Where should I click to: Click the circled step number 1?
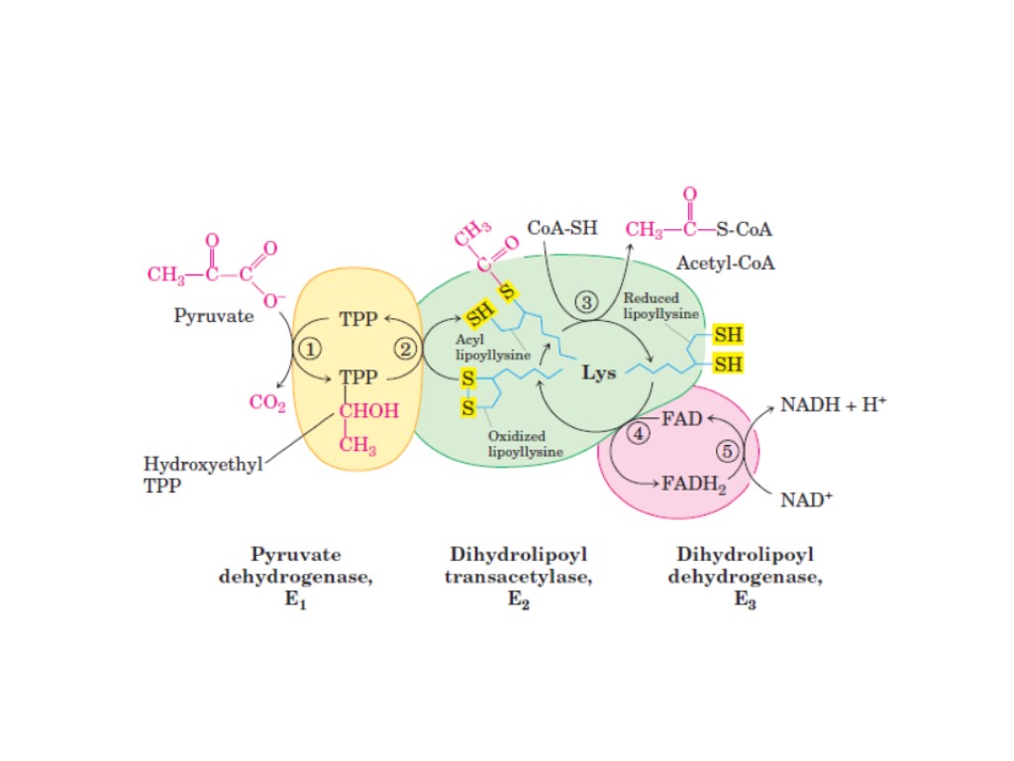coord(310,348)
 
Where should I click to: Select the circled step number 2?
coord(406,348)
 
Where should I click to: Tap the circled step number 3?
coord(589,301)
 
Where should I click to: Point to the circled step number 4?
coord(639,434)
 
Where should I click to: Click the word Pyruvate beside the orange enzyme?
coord(214,317)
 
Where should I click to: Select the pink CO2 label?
coord(267,402)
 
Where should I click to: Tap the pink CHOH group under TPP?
coord(368,411)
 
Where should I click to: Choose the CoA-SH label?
coord(562,228)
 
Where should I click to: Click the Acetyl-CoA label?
coord(726,265)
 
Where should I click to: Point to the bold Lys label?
coord(598,374)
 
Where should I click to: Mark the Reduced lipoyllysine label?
coord(660,305)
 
